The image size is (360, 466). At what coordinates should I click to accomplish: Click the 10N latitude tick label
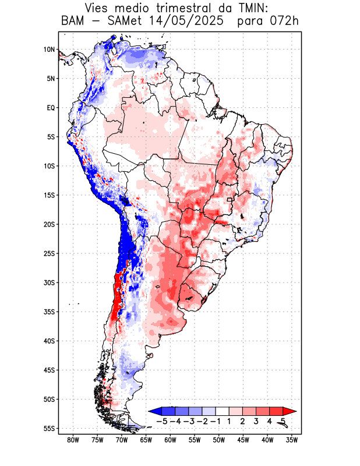click(49, 50)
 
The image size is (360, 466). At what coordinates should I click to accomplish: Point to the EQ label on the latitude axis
click(50, 108)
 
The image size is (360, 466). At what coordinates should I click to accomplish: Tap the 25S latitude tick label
click(49, 253)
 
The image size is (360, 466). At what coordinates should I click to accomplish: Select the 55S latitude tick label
click(49, 428)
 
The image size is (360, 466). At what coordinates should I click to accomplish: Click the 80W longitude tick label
click(73, 440)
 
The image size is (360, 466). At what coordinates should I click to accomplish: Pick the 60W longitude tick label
click(170, 440)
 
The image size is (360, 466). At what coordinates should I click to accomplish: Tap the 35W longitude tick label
click(292, 440)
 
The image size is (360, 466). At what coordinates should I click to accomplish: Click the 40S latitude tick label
click(49, 341)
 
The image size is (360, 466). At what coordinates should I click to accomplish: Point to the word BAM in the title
click(73, 22)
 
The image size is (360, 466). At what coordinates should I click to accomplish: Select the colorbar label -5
click(161, 421)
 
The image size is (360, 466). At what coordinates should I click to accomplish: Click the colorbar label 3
click(256, 421)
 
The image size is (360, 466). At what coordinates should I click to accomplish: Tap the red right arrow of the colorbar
click(290, 411)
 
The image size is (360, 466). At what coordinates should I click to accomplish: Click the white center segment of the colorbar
click(222, 411)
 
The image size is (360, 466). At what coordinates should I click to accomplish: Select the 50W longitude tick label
click(218, 440)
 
